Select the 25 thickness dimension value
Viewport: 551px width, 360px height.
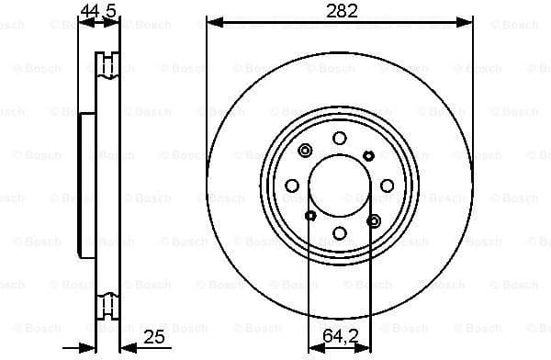(x=154, y=337)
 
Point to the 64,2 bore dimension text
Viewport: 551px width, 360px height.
(x=339, y=337)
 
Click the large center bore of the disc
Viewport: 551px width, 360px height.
(x=339, y=185)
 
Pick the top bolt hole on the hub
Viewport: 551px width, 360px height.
(x=339, y=138)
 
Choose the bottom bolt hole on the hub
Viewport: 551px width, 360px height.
(x=339, y=233)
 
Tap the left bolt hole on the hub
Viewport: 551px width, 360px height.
(x=292, y=186)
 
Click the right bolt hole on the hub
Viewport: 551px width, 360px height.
(x=387, y=186)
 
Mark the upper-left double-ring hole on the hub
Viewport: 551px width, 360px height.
(x=305, y=152)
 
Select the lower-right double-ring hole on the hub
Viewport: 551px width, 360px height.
(x=373, y=220)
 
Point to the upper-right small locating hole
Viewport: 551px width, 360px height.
(x=368, y=154)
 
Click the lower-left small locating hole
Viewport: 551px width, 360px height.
(x=309, y=216)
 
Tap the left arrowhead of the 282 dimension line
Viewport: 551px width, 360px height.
(x=212, y=20)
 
